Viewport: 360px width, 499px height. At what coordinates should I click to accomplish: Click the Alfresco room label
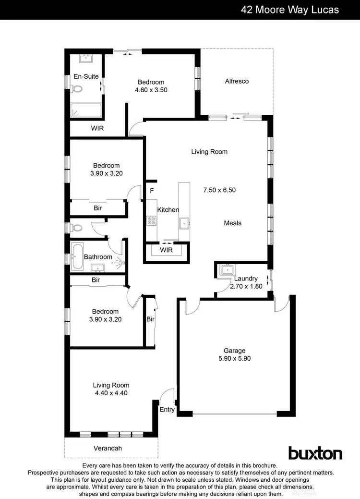click(x=237, y=81)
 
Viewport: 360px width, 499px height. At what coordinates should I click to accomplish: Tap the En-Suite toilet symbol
click(x=75, y=88)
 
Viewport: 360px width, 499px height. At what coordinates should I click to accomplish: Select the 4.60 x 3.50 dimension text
click(x=151, y=90)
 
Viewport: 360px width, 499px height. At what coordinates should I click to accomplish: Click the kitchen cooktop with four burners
click(x=151, y=221)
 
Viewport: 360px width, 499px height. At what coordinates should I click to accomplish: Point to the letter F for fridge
click(x=152, y=190)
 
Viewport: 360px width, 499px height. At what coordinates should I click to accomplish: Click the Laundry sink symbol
click(x=225, y=270)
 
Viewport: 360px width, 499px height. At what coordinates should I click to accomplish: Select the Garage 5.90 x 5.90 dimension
click(x=234, y=358)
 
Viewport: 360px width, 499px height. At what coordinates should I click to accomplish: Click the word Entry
click(x=167, y=410)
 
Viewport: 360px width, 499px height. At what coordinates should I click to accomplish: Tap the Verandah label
click(x=108, y=448)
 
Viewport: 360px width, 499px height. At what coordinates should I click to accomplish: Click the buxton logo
click(x=315, y=453)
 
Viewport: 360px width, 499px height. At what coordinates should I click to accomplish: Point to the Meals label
click(x=232, y=223)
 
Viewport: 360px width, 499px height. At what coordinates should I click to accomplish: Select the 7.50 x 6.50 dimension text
click(x=220, y=190)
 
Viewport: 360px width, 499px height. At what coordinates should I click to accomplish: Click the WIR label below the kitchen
click(x=166, y=250)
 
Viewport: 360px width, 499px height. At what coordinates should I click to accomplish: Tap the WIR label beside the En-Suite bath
click(x=97, y=128)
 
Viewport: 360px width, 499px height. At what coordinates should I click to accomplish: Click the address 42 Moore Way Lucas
click(x=290, y=10)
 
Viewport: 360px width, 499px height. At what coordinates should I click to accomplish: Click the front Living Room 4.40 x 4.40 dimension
click(x=111, y=393)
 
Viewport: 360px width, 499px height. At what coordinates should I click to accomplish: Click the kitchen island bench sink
click(x=184, y=222)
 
